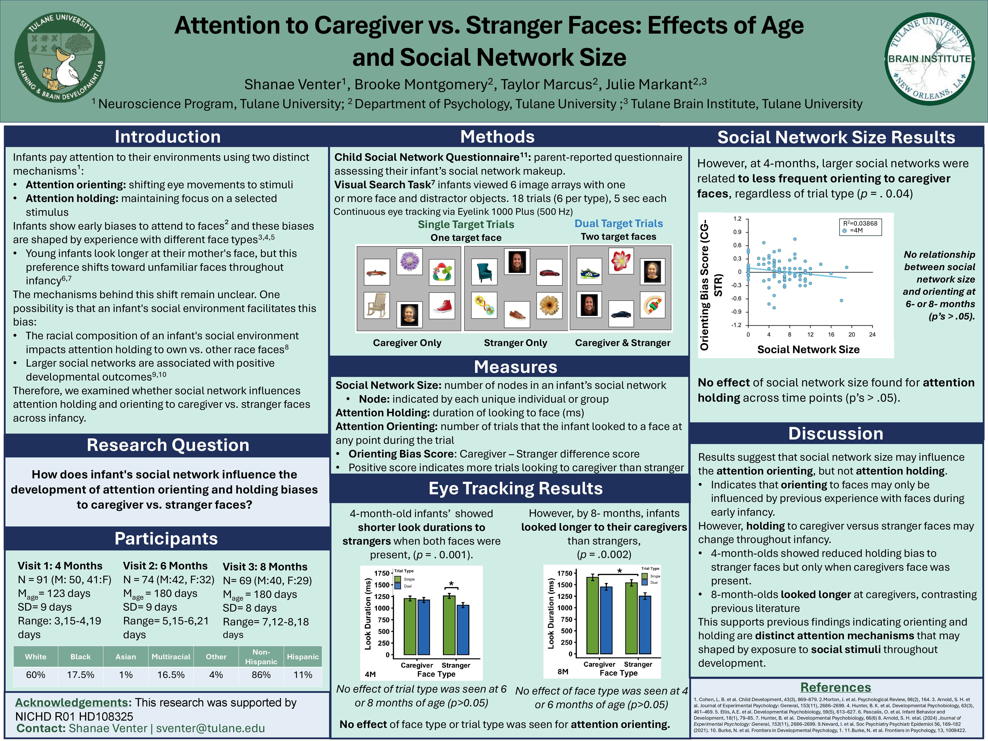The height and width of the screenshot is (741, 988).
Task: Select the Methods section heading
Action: (497, 137)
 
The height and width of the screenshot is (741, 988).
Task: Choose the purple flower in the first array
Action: (409, 261)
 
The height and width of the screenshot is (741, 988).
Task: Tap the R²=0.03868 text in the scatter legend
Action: (860, 223)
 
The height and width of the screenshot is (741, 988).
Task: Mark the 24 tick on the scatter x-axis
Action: (872, 334)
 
